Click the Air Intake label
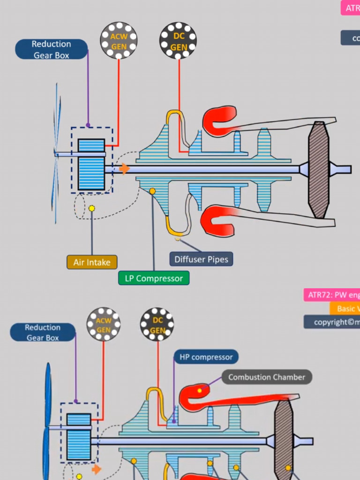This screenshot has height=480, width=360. click(92, 262)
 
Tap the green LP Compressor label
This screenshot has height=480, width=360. click(154, 278)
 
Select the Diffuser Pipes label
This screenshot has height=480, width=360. click(201, 259)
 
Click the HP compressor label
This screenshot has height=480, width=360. click(206, 357)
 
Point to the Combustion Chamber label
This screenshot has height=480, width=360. click(266, 377)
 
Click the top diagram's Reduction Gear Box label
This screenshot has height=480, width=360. click(51, 49)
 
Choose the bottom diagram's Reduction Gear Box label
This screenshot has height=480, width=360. click(43, 332)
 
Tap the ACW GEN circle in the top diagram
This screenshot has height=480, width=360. click(119, 40)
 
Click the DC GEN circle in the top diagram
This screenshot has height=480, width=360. click(178, 40)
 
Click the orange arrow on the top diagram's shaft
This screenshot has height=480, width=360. click(124, 169)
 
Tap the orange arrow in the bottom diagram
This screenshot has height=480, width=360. click(97, 469)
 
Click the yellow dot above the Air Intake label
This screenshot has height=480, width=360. click(92, 208)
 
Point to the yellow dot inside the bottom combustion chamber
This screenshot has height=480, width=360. click(200, 390)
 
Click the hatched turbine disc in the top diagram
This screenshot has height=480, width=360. click(319, 170)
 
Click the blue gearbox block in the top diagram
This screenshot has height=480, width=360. click(91, 165)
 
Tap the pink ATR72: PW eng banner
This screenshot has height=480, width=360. click(332, 295)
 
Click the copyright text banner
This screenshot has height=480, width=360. click(332, 322)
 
